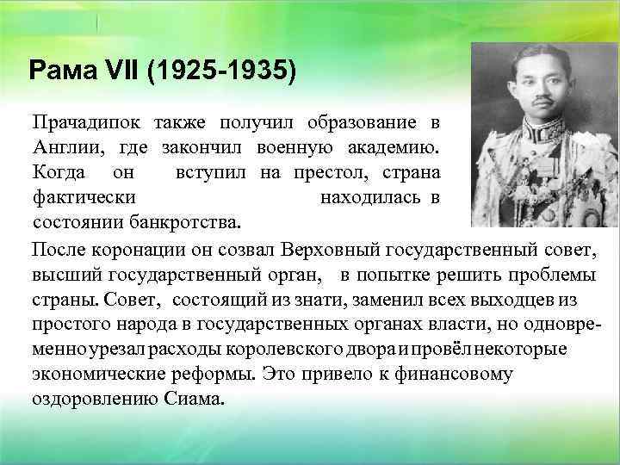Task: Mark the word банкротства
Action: pyautogui.click(x=182, y=223)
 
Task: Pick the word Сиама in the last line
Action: pyautogui.click(x=195, y=400)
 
